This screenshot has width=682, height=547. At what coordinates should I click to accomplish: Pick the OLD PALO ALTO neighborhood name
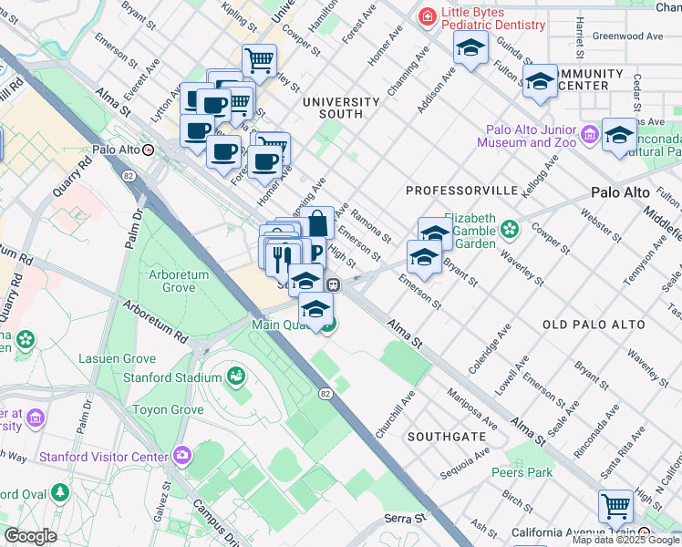(594, 325)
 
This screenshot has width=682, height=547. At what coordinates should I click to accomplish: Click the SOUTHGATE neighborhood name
(447, 437)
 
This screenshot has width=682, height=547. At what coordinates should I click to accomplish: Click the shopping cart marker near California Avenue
(615, 505)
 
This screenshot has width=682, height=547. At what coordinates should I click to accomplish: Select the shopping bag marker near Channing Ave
(317, 222)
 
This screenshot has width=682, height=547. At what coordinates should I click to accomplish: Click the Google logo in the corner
(30, 536)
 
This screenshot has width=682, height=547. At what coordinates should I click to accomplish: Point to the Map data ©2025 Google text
(625, 540)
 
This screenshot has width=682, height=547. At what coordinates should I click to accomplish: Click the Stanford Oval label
(22, 494)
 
